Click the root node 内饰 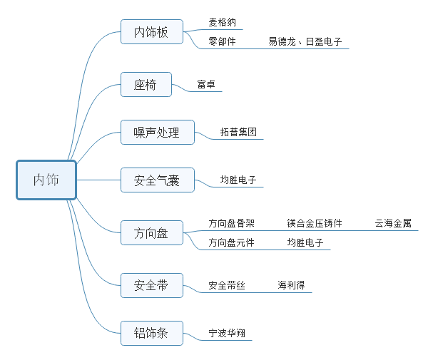[46, 180]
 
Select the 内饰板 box [152, 32]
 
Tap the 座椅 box [146, 84]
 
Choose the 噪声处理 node [158, 132]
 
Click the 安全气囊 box [158, 180]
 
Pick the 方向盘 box [152, 232]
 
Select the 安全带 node [152, 285]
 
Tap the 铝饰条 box [152, 333]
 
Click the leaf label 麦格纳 [223, 22]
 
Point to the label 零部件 [223, 41]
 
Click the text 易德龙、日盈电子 [305, 41]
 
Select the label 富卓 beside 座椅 [206, 84]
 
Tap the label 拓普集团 [238, 132]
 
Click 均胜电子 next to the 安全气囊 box [238, 180]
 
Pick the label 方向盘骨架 [231, 223]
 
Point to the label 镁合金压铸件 [315, 223]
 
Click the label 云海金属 [393, 223]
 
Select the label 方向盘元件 [231, 242]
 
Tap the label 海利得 [291, 285]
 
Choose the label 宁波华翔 [227, 333]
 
